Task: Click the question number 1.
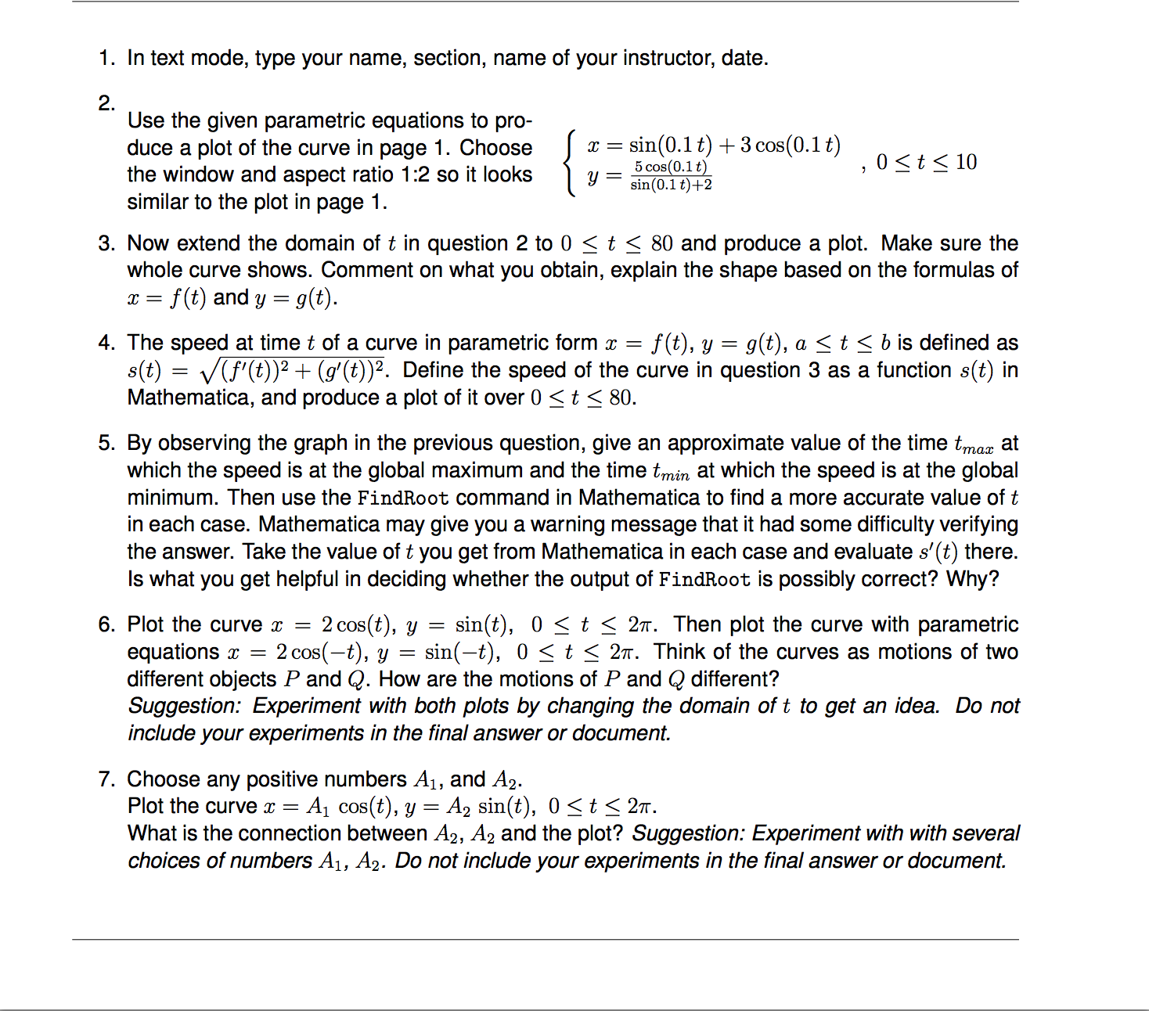[x=106, y=58]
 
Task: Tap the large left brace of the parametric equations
[x=570, y=164]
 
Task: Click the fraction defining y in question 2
[x=671, y=176]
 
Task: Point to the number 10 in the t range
[x=966, y=162]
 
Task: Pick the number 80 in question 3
[x=661, y=243]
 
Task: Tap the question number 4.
[x=106, y=343]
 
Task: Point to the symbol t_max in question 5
[x=974, y=444]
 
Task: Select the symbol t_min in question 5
[x=671, y=472]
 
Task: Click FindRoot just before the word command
[x=402, y=498]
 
